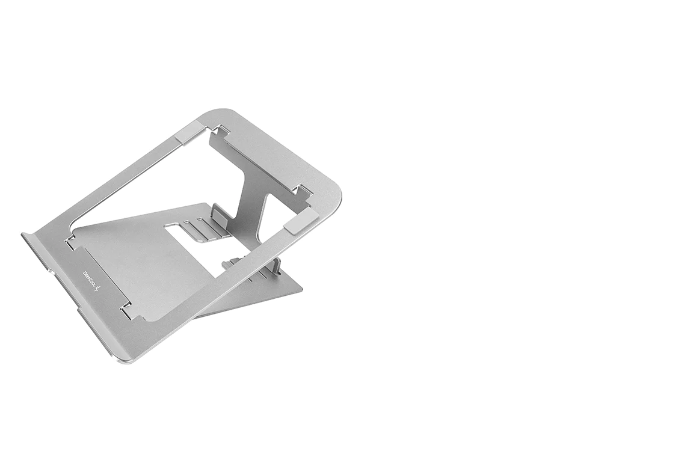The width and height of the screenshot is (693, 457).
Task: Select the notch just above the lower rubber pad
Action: tap(303, 191)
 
